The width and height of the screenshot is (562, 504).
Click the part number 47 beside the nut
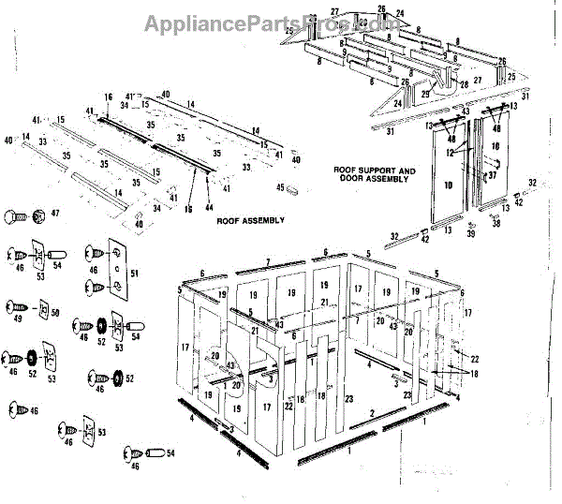(x=54, y=215)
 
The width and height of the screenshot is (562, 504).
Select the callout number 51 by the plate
(x=134, y=274)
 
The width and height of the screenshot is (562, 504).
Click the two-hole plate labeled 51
(x=117, y=267)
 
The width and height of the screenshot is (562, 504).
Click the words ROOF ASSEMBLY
(x=250, y=221)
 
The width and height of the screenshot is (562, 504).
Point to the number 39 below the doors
(x=472, y=233)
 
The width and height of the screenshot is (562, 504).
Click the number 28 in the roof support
(x=464, y=84)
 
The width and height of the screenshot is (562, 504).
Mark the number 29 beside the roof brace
(x=424, y=94)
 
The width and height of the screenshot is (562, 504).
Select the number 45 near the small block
(x=280, y=186)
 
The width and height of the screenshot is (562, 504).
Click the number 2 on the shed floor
(x=375, y=412)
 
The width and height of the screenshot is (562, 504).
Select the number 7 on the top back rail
(x=268, y=259)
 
